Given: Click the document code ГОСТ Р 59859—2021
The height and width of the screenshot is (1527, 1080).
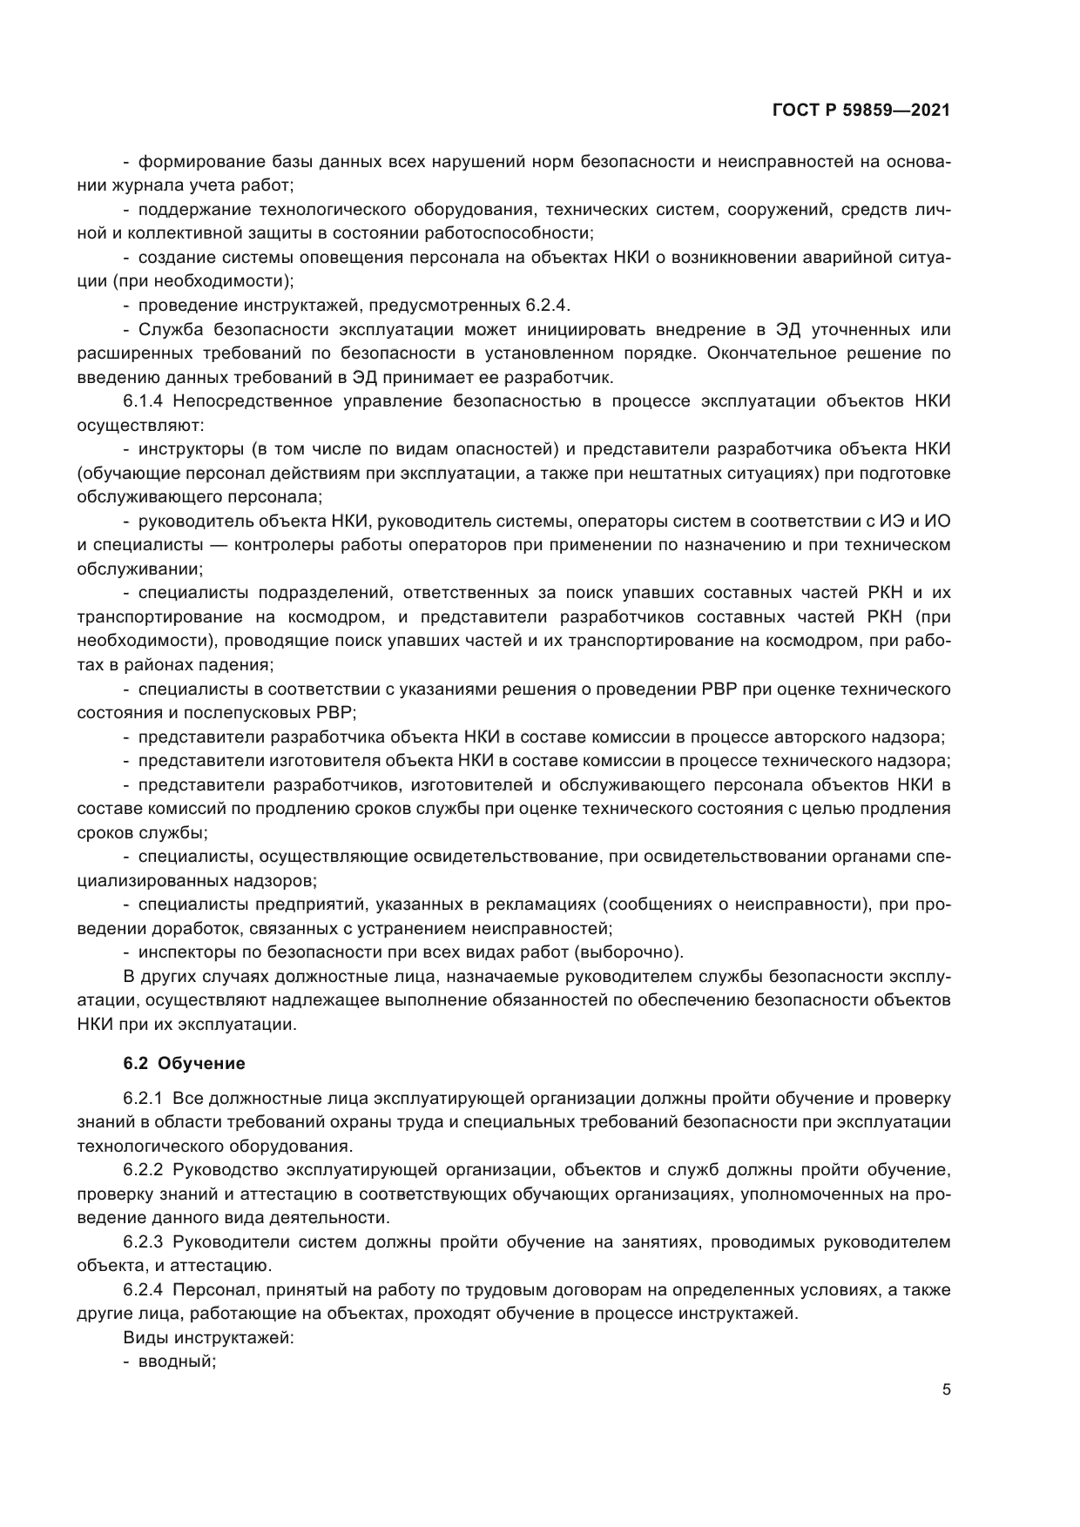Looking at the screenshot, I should point(861,111).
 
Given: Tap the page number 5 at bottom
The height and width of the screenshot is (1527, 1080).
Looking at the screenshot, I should point(946,1389).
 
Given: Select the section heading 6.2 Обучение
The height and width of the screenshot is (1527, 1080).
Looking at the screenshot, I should point(184,1063).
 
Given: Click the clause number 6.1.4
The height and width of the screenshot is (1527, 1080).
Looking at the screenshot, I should point(145,401).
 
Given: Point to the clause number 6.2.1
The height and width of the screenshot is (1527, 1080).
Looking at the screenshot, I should point(145,1098).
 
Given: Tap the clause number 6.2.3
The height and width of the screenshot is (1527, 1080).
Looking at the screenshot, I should point(145,1241).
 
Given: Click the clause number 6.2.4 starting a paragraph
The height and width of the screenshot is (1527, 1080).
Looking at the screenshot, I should point(145,1289).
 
